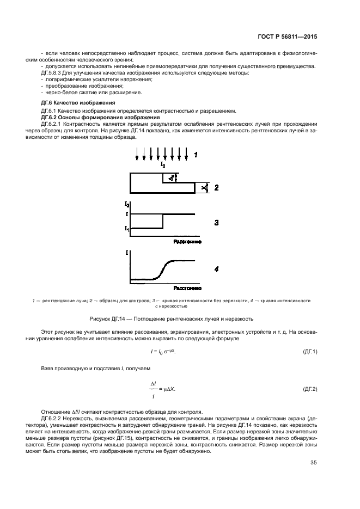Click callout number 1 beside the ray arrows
pyautogui.click(x=196, y=155)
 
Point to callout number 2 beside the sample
pyautogui.click(x=216, y=188)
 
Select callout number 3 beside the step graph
pyautogui.click(x=216, y=222)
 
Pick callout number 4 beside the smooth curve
pyautogui.click(x=216, y=269)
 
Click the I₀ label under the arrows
pyautogui.click(x=163, y=164)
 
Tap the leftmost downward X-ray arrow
pyautogui.click(x=137, y=154)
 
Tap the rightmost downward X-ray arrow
pyautogui.click(x=186, y=154)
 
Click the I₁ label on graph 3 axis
pyautogui.click(x=126, y=229)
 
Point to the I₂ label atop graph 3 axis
pyautogui.click(x=127, y=205)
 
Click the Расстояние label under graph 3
pyautogui.click(x=187, y=241)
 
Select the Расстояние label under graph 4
pyautogui.click(x=187, y=287)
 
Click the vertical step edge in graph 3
pyautogui.click(x=163, y=221)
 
